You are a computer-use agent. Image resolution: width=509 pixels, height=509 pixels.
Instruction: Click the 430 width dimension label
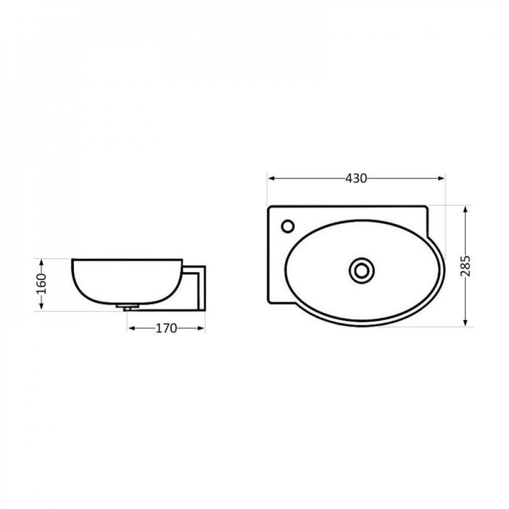(x=356, y=178)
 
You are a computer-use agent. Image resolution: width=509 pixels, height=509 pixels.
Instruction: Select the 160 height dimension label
(x=42, y=284)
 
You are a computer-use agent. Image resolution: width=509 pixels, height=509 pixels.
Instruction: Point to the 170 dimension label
(x=166, y=328)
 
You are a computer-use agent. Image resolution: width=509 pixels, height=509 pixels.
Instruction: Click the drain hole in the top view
(x=361, y=270)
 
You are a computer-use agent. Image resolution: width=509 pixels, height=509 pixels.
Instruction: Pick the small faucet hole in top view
(x=288, y=225)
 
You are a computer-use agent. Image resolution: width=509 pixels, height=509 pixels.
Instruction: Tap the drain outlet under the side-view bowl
(x=127, y=307)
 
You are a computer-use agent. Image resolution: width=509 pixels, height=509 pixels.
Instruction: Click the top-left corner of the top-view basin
(x=270, y=207)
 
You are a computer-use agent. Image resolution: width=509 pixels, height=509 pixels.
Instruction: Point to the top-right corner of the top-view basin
(x=427, y=207)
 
